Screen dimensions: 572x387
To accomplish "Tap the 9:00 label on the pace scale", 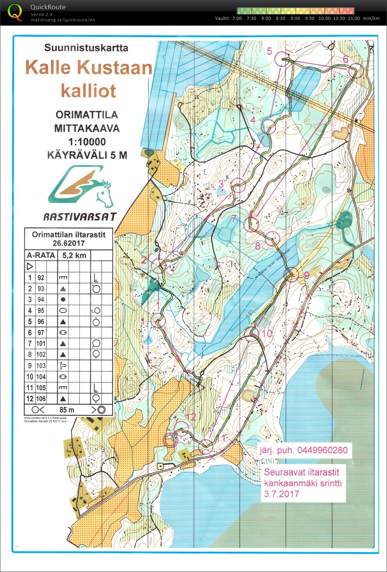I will click(x=295, y=18).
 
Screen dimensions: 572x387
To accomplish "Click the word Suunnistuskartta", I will click(x=86, y=48).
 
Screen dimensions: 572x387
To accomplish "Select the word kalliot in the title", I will click(x=89, y=91).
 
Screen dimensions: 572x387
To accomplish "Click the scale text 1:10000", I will click(x=86, y=142).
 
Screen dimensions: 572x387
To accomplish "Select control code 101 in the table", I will click(x=41, y=343).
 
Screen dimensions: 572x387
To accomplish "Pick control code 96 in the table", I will click(x=41, y=322).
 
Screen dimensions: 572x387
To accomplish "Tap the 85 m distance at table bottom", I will click(x=67, y=410).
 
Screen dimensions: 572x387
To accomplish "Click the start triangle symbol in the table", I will click(x=30, y=267).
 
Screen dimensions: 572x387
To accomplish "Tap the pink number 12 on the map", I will click(x=190, y=417).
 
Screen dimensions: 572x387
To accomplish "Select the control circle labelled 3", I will click(x=239, y=185).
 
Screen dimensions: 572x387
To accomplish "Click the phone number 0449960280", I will click(x=322, y=450).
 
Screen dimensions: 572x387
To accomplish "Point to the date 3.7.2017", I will click(x=281, y=494).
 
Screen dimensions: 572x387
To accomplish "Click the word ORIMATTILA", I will click(x=86, y=115).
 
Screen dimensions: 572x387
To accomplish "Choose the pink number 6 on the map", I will click(x=345, y=59).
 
